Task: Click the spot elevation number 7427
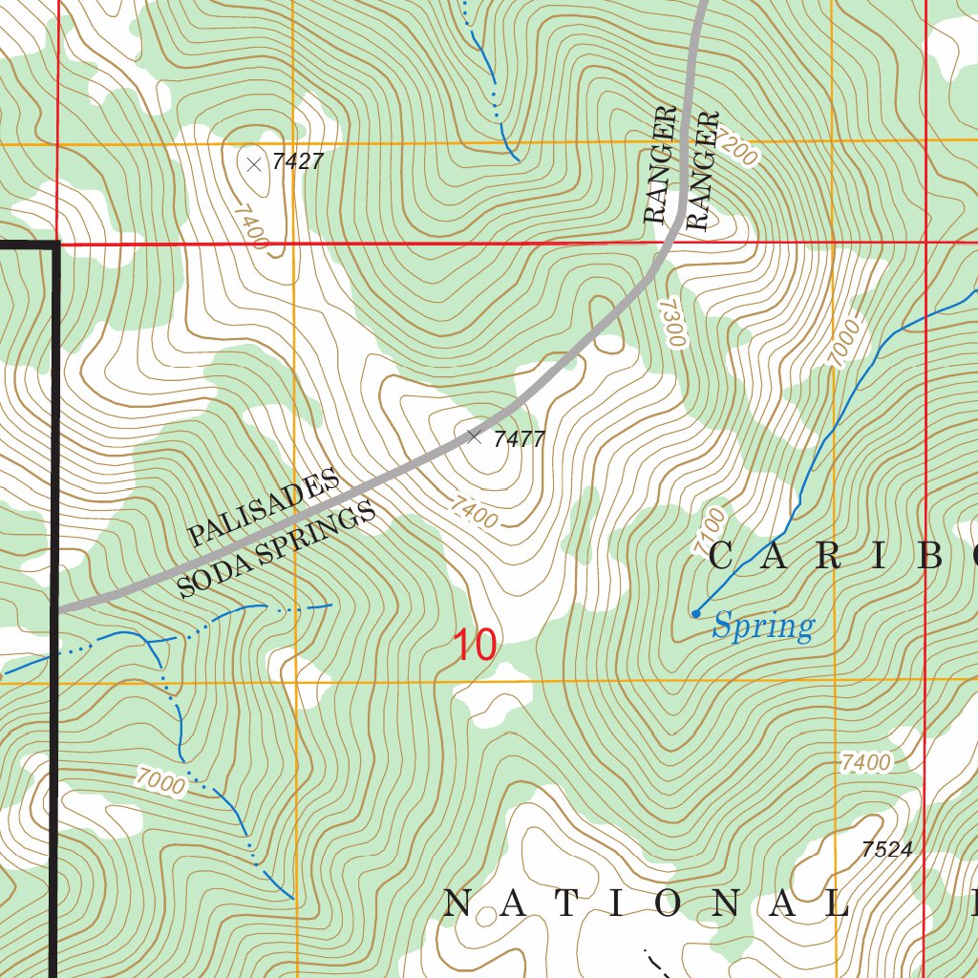coord(297,161)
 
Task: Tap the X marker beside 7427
coord(254,164)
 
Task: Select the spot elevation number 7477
coord(519,439)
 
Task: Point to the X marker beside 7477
coord(474,436)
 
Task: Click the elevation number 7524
coord(886,849)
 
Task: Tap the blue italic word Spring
coord(763,627)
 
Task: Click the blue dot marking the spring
coord(695,613)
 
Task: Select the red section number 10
coord(474,646)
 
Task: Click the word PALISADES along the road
coord(264,508)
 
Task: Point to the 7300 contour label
coord(672,322)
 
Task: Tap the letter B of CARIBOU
coord(932,556)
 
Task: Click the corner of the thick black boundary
coord(56,245)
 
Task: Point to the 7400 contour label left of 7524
coord(866,763)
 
